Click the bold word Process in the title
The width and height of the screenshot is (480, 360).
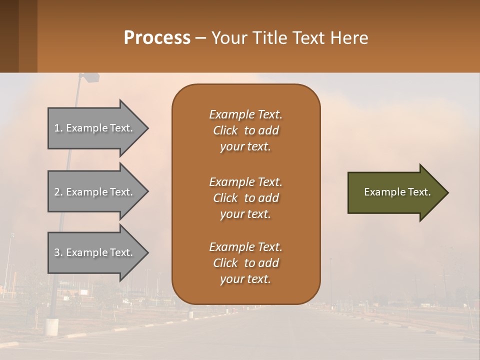coord(157,38)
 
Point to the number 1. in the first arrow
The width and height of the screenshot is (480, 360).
coord(58,128)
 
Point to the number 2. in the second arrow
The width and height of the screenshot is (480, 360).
coord(58,192)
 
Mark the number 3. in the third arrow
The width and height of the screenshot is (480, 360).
coord(58,252)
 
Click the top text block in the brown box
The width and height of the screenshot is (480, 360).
coord(245,130)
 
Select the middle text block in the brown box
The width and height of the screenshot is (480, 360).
coord(245,198)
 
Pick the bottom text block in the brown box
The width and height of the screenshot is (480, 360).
coord(245,263)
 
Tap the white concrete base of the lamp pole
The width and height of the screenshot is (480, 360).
coord(52,326)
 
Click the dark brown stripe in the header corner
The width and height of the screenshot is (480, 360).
coord(9,36)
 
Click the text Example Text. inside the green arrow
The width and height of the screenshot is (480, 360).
coord(397,192)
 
